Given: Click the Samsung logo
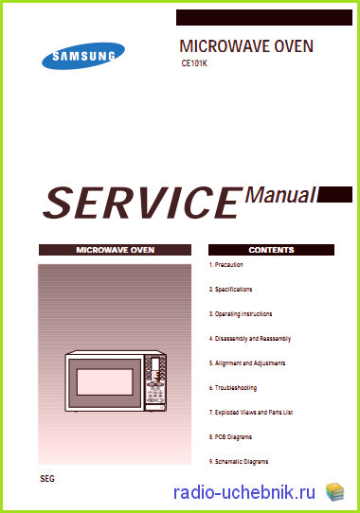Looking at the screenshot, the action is (83, 56).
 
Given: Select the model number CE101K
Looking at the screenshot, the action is (194, 63).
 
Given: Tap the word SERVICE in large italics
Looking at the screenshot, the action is (143, 203).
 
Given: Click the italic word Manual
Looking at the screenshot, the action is (280, 195).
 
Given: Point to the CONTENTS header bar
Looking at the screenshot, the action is (271, 250).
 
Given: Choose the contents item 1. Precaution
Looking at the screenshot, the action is (226, 265).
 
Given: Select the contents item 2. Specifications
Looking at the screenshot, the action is (230, 290).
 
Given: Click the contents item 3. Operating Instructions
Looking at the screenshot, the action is (241, 314).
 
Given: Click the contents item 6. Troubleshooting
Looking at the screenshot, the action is (233, 388).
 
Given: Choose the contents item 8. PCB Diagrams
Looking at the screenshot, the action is (230, 437).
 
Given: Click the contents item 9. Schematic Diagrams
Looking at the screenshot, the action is (239, 462).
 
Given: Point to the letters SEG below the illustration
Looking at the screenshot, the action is (47, 479).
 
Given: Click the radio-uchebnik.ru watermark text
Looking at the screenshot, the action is (244, 492).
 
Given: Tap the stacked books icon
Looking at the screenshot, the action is (334, 492).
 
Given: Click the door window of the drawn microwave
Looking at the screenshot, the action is (105, 381).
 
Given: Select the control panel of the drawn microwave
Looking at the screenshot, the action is (155, 381).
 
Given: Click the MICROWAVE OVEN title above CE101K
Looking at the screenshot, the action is (246, 46).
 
